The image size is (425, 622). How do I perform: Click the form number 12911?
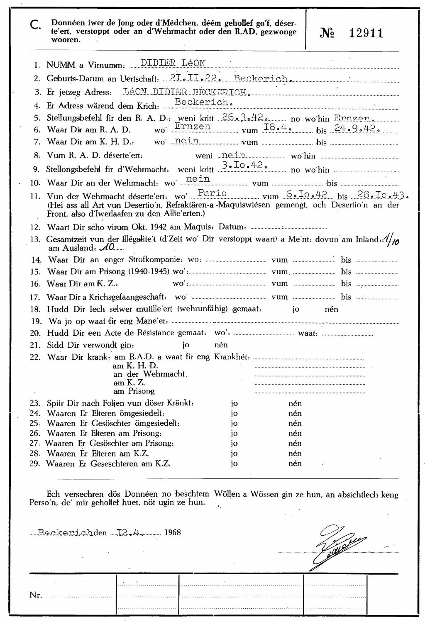[366, 34]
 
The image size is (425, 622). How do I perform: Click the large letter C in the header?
[36, 25]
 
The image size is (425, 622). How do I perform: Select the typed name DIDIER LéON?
[173, 63]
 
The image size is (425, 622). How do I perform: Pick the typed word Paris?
[212, 193]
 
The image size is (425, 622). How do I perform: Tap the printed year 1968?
[173, 532]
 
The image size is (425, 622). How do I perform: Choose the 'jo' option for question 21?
[186, 345]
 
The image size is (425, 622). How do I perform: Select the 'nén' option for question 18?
[331, 309]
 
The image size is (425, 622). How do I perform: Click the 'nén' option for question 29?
[295, 463]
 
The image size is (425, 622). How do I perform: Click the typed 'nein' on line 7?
[187, 141]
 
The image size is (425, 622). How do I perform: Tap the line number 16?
[35, 284]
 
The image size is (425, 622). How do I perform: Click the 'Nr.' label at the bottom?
[36, 595]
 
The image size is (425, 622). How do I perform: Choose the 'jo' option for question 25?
[234, 423]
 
